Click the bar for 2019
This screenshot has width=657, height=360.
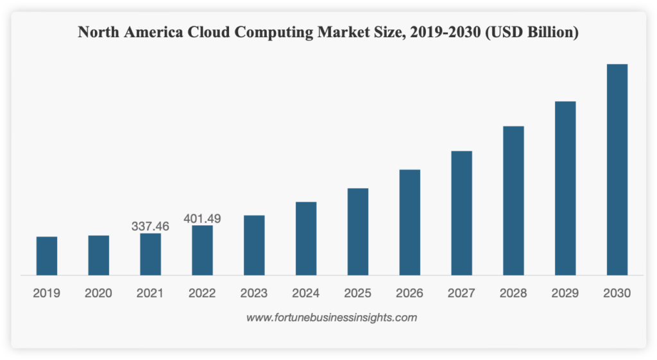click(47, 256)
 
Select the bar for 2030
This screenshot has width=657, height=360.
click(617, 169)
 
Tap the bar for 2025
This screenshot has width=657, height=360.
click(358, 232)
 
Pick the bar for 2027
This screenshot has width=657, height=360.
click(461, 213)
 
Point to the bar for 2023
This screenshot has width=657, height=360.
click(254, 245)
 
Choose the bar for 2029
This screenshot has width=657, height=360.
click(565, 188)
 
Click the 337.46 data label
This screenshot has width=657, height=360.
click(150, 226)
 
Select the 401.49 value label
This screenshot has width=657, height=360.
click(202, 218)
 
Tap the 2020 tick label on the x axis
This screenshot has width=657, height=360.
click(98, 293)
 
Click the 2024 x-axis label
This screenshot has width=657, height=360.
click(306, 293)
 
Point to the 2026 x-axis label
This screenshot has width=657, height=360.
click(409, 293)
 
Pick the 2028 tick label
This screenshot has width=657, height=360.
click(513, 293)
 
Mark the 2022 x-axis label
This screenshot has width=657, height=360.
click(202, 293)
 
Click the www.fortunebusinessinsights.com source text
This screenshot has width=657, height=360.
click(332, 317)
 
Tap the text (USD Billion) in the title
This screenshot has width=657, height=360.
click(533, 32)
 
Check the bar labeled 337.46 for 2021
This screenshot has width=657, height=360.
click(150, 254)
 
